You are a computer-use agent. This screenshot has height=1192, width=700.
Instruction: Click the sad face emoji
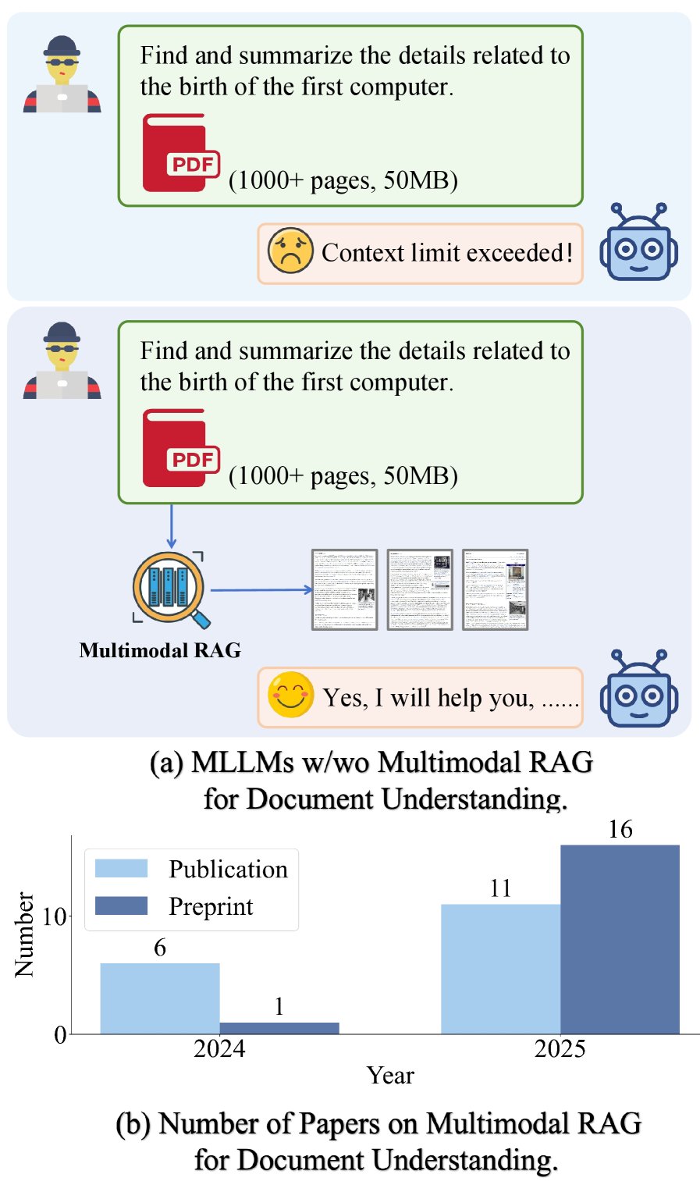click(x=290, y=251)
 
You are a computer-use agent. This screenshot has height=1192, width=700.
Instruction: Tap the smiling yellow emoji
click(x=290, y=695)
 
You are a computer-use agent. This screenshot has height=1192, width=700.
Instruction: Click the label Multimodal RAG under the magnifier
click(x=160, y=650)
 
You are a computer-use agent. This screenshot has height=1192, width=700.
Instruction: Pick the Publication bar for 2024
click(x=160, y=998)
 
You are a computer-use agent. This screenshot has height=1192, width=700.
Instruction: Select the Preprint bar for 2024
click(x=279, y=1028)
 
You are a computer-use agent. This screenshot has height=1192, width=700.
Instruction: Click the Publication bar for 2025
click(x=500, y=969)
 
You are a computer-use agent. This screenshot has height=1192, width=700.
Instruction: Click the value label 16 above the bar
click(x=620, y=829)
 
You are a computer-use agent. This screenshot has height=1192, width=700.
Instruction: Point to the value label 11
click(x=500, y=888)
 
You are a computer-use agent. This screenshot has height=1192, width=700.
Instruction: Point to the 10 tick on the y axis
click(x=55, y=916)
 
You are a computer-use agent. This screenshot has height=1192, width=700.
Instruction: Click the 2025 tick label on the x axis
click(x=560, y=1048)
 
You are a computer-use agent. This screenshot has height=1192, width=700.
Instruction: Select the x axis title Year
click(x=390, y=1076)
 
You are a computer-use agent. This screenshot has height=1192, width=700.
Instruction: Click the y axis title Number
click(x=25, y=934)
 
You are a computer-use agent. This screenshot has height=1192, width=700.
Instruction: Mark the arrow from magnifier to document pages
click(x=261, y=589)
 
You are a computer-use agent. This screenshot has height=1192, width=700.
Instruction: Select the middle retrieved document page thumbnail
click(x=420, y=589)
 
